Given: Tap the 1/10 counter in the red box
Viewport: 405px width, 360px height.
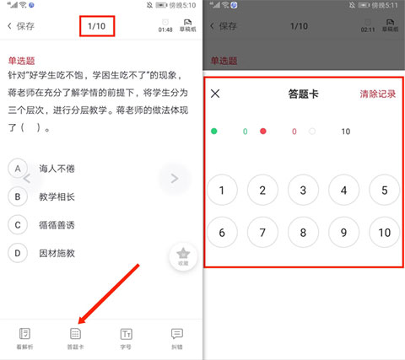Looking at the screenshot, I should point(97,26).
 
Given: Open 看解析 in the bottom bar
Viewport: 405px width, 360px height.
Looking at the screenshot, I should point(25,338).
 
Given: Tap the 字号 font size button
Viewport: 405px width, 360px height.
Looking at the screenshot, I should point(127,338).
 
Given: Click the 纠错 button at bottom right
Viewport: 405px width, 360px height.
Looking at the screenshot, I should point(177,338).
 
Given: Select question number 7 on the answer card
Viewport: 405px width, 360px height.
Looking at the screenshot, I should point(262,233).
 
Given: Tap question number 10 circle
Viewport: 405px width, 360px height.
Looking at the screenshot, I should point(385,233).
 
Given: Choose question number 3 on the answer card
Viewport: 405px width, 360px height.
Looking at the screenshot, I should point(303,191).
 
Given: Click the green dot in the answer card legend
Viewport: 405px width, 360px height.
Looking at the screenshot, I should point(214,132).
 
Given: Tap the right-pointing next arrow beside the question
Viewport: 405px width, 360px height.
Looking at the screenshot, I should point(175,178).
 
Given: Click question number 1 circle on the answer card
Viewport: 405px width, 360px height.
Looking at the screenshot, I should point(222,191).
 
